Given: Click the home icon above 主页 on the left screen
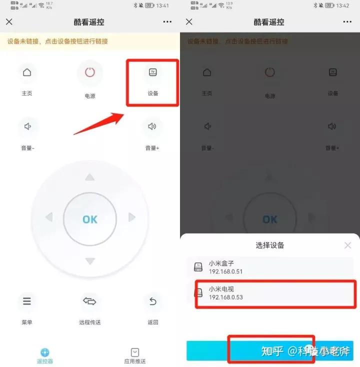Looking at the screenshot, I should click(27, 72).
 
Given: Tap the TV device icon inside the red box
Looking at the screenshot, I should click(153, 72).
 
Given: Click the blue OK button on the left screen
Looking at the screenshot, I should click(90, 219).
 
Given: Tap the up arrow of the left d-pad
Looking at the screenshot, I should click(89, 177).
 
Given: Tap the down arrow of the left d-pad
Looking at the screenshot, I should click(90, 261).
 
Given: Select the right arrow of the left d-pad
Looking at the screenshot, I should click(132, 217).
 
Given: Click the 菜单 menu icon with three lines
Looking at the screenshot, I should click(27, 301).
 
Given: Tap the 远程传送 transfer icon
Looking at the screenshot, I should click(89, 301).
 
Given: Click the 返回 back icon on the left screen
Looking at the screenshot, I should click(153, 301).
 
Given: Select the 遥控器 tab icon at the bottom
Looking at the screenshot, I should click(45, 352).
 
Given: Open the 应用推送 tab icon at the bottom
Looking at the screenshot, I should click(134, 352).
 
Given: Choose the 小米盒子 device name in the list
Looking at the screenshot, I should click(221, 263).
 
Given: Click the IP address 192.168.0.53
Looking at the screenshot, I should click(225, 297).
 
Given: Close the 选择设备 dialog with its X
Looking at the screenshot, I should click(348, 245).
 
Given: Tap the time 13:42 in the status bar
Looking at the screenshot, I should click(343, 5).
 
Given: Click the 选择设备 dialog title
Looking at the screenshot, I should click(270, 245).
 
